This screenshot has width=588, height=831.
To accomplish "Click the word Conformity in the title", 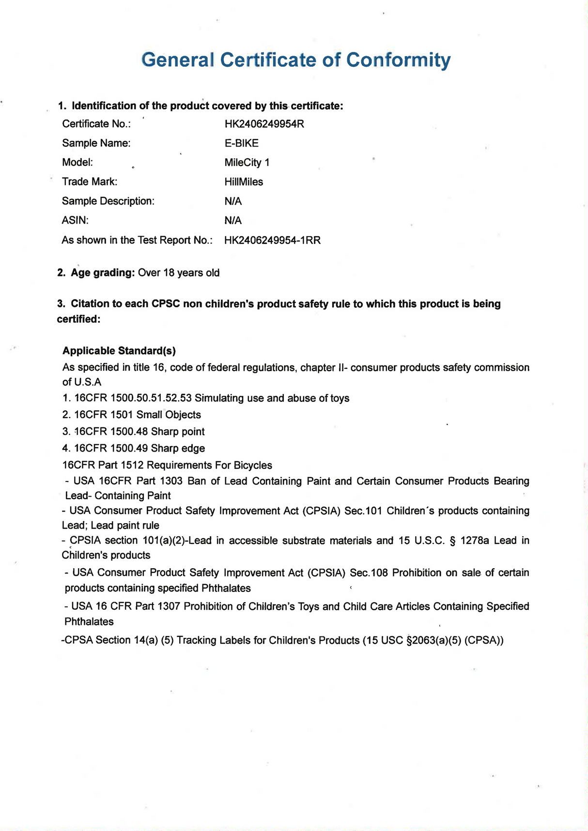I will (x=399, y=60).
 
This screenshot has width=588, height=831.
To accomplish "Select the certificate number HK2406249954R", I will (x=264, y=124).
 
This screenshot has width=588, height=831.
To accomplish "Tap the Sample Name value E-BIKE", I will (x=241, y=143).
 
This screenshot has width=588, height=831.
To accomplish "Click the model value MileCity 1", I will (x=247, y=163).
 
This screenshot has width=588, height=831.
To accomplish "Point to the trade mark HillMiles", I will (x=244, y=182).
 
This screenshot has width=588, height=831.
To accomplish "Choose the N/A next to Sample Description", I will (x=233, y=201).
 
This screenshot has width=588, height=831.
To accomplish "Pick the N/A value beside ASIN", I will (x=233, y=221).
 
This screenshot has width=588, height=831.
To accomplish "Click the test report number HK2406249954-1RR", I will (x=272, y=241).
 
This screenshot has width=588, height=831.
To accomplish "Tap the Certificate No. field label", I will (x=96, y=124).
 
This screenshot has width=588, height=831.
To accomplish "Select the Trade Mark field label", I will (x=90, y=182).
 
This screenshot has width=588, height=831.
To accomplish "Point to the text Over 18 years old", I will (x=179, y=273).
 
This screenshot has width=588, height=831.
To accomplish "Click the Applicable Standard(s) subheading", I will (x=119, y=351).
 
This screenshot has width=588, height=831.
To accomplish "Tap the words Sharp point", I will (x=178, y=432).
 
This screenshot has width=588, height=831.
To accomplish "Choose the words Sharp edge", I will (x=178, y=449).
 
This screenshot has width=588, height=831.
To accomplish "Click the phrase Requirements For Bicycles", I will (x=209, y=466).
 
